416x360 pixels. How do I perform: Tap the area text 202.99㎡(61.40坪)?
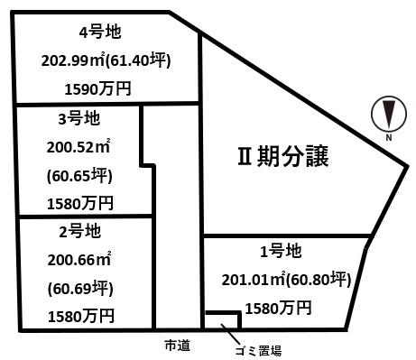[x=106, y=61]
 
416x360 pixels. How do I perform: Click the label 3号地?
[x=78, y=118]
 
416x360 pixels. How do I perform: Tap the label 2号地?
[x=78, y=231]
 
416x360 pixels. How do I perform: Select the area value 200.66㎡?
[x=79, y=260]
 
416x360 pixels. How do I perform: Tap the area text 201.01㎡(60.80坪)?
[x=285, y=280]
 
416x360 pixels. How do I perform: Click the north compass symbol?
[x=386, y=114]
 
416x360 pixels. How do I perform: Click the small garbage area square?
[x=222, y=320]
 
